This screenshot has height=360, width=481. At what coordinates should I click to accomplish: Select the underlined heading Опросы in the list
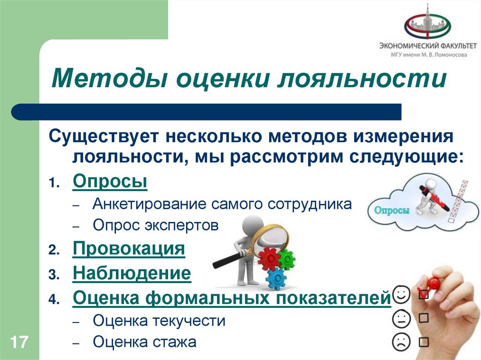point(110,182)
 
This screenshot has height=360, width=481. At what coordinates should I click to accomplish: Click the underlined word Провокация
point(129,249)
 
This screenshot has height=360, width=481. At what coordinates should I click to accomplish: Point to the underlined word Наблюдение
point(132,273)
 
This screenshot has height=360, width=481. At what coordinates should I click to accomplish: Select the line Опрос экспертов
point(155,226)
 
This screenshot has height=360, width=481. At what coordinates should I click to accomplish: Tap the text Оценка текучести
point(159,321)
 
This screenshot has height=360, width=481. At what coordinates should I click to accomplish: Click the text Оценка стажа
point(144,342)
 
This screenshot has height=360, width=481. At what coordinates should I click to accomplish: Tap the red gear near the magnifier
point(268,258)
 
